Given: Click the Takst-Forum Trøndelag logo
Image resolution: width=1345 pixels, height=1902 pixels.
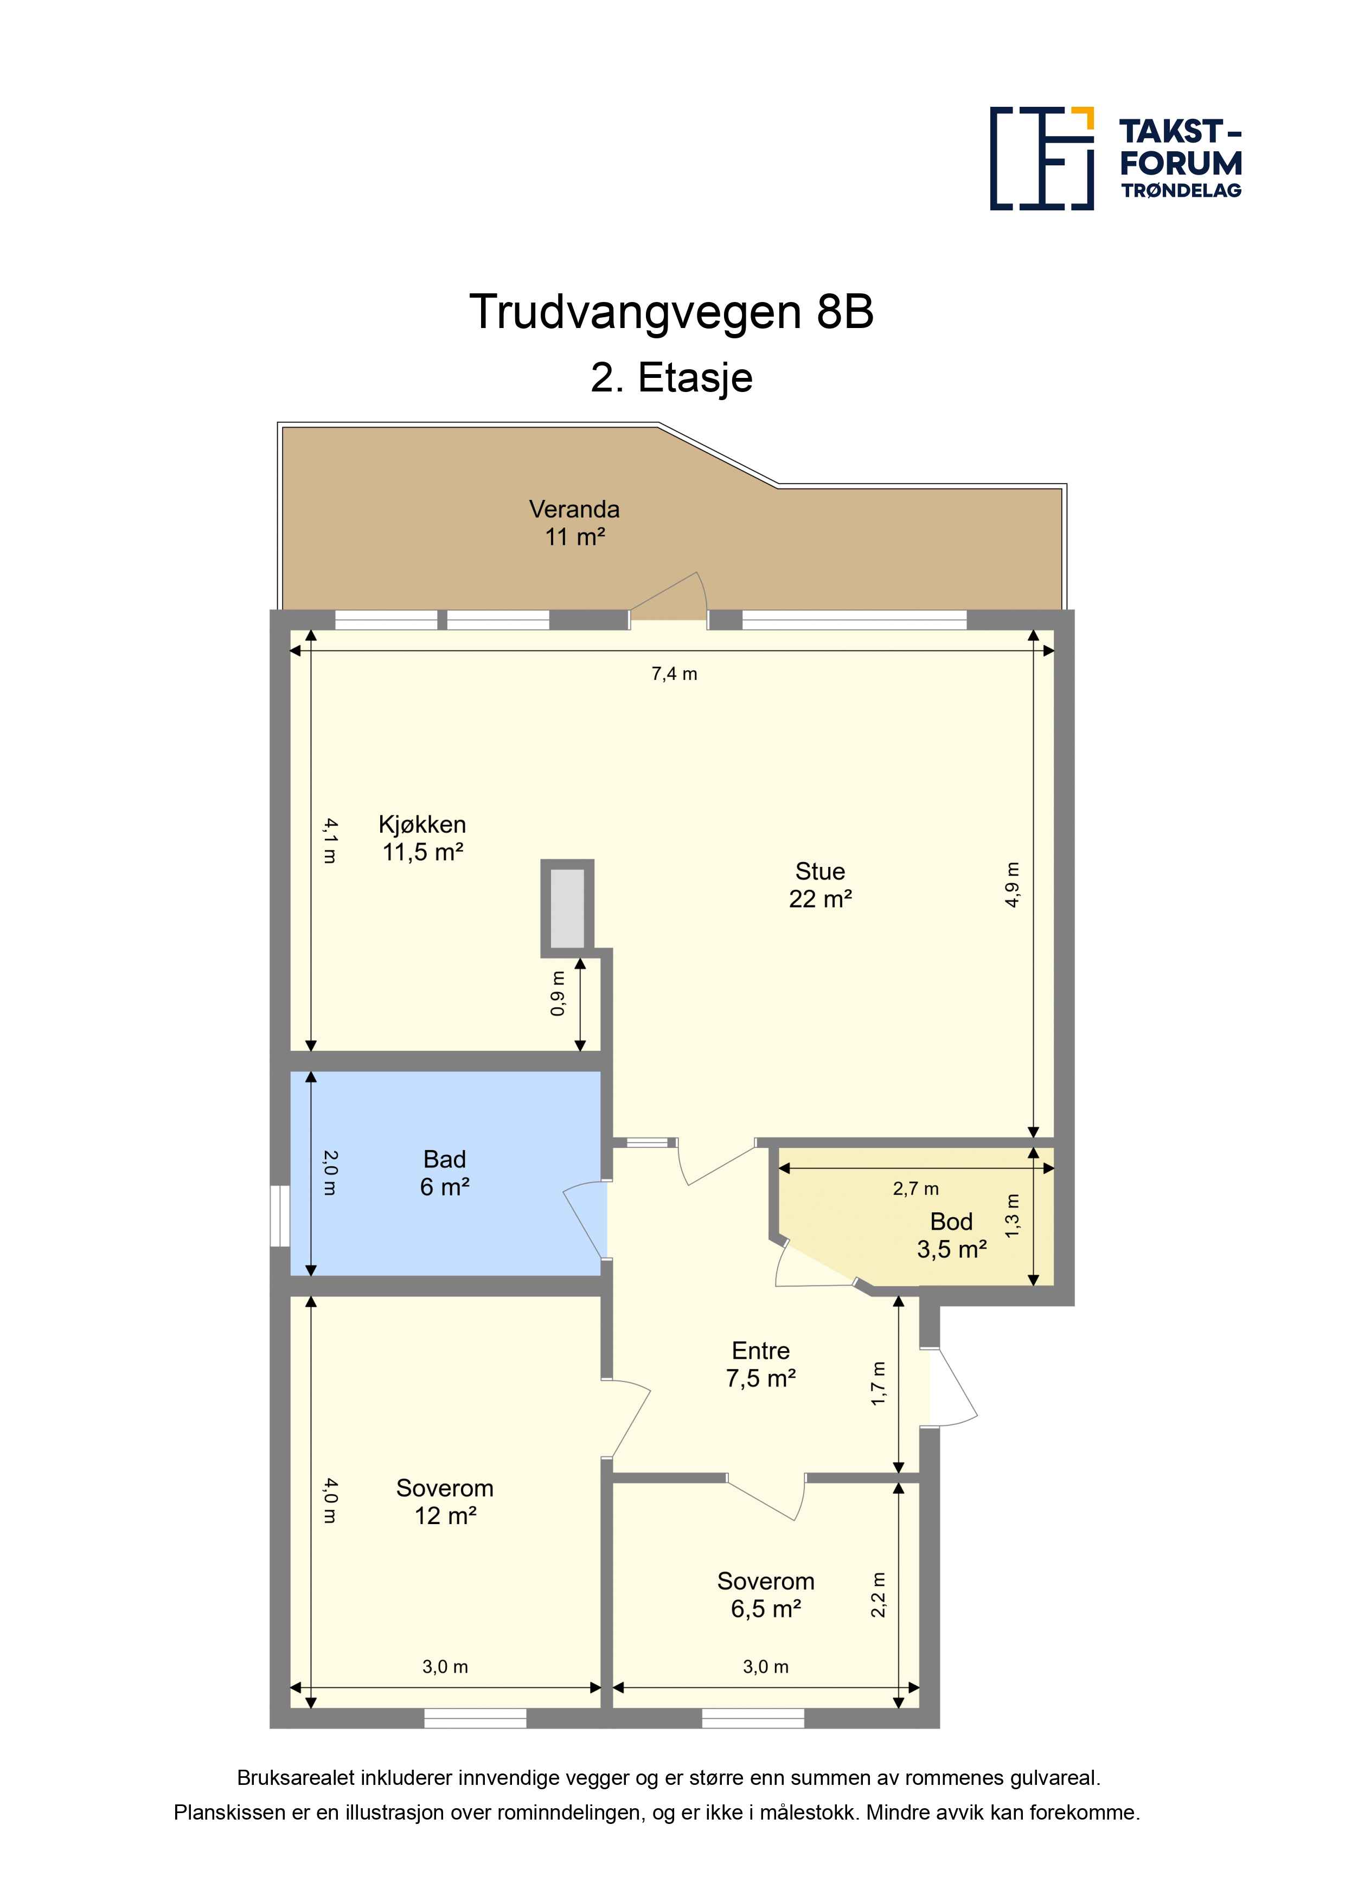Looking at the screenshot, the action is pyautogui.click(x=1116, y=158).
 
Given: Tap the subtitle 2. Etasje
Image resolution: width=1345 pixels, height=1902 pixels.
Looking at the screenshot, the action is pyautogui.click(x=671, y=378).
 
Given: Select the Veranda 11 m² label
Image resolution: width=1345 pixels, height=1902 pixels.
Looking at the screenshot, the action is pyautogui.click(x=574, y=523).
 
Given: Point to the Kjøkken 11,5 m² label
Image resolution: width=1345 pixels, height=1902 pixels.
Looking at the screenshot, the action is pyautogui.click(x=422, y=838).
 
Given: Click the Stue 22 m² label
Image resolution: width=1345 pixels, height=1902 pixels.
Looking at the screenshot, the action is pyautogui.click(x=821, y=885).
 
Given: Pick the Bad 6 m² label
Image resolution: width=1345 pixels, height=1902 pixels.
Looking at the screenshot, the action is pyautogui.click(x=445, y=1172).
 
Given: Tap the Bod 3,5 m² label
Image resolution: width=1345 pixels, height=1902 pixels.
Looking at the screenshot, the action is pyautogui.click(x=951, y=1235).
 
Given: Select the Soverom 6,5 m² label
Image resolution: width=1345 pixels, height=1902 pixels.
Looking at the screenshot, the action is pyautogui.click(x=766, y=1595).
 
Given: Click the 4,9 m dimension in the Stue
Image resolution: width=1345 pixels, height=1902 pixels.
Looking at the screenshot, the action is pyautogui.click(x=1013, y=885).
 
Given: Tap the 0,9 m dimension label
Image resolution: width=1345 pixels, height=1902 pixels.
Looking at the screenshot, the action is pyautogui.click(x=558, y=994).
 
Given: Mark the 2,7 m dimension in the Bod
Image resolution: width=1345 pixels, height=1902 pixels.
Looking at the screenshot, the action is pyautogui.click(x=915, y=1188).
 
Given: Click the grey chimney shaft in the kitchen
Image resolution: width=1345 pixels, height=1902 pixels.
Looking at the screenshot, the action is pyautogui.click(x=568, y=908).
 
